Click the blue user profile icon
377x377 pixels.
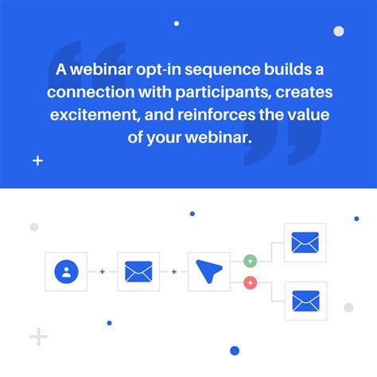(x=66, y=273)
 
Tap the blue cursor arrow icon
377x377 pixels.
(x=209, y=273)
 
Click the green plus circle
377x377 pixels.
(x=250, y=261)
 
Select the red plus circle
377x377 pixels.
(x=250, y=282)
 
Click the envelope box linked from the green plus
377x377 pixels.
(x=305, y=243)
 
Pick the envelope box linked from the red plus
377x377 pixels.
(x=305, y=301)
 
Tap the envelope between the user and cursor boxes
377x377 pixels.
(x=138, y=273)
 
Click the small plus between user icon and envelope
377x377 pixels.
(x=102, y=273)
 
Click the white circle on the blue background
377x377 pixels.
(x=338, y=31)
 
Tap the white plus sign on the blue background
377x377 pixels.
(x=37, y=161)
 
